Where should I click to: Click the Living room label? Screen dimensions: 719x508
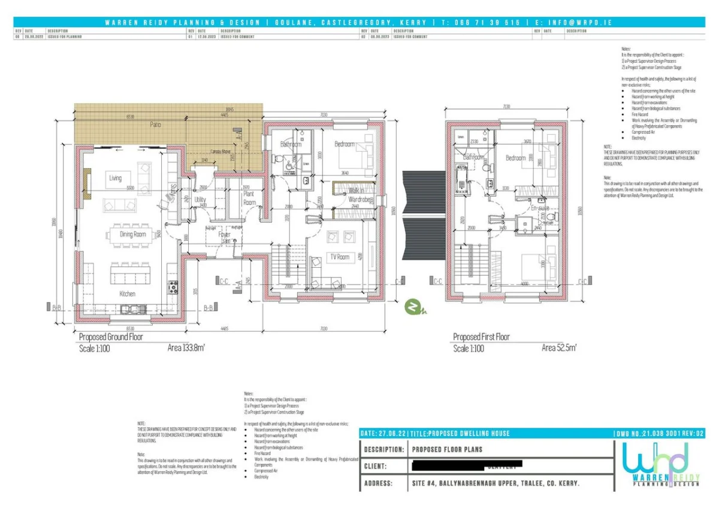[115, 178]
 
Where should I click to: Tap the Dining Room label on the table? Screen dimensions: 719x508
[133, 234]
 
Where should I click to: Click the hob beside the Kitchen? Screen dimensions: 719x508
[173, 286]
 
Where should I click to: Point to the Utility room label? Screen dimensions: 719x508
[200, 199]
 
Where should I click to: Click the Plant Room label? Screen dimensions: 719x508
[249, 199]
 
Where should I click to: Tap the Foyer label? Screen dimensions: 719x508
[223, 235]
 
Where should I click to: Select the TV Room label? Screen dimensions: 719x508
[339, 257]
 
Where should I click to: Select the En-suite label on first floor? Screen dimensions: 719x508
[540, 207]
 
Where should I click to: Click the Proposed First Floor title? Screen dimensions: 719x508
[481, 337]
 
